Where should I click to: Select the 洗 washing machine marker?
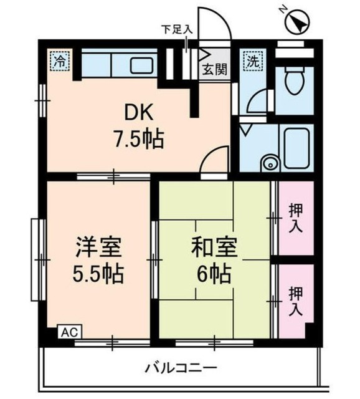[252, 61]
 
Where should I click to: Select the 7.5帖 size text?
[139, 138]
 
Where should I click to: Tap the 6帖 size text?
[214, 272]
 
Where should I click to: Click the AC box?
[67, 332]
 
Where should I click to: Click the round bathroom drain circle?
[269, 165]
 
